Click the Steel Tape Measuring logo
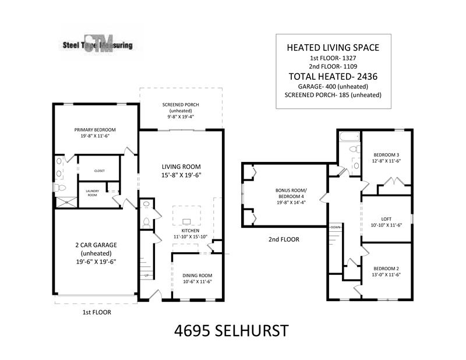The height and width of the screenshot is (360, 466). (97, 44)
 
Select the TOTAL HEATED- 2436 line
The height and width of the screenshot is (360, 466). (333, 76)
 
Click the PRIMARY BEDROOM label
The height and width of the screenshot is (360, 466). (95, 129)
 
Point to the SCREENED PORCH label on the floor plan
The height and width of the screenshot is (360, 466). (181, 105)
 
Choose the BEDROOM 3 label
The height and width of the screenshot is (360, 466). (386, 155)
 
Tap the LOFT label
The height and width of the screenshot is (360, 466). (386, 219)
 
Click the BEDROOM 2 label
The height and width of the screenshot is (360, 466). (386, 269)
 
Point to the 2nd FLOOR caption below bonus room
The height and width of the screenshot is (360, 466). (284, 239)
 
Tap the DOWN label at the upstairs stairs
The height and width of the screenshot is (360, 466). (335, 227)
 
